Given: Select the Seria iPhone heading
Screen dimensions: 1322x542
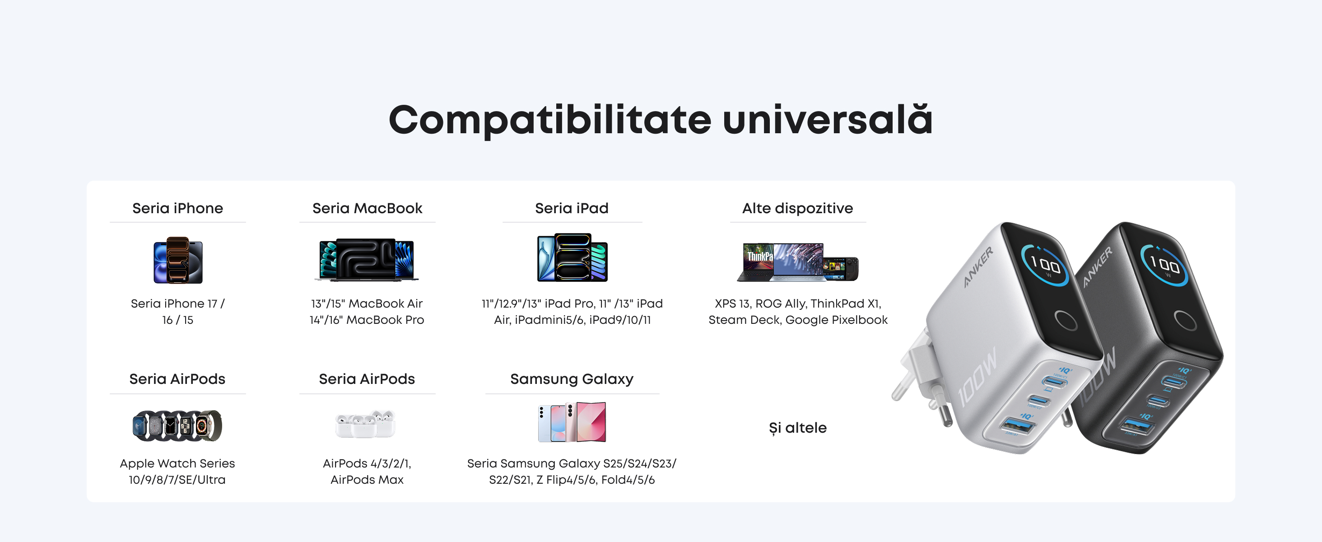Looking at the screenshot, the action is click(177, 208).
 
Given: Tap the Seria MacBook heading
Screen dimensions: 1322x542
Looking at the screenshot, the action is click(367, 208).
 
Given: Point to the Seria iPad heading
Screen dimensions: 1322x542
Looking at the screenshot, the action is click(572, 208).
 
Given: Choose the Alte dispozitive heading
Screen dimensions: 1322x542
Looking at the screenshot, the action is click(797, 208).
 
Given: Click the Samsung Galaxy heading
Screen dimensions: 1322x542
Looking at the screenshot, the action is click(572, 379).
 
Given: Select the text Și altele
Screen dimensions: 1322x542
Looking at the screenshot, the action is click(797, 428).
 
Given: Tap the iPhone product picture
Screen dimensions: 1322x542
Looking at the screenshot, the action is click(178, 260).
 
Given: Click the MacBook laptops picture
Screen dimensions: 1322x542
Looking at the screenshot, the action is click(367, 260).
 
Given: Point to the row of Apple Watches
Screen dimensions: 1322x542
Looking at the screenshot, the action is click(177, 425).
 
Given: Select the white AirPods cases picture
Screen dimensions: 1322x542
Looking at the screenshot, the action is click(365, 424).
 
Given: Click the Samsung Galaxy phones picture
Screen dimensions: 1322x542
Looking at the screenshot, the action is click(572, 422).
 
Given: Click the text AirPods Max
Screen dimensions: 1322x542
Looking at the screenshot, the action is click(367, 479).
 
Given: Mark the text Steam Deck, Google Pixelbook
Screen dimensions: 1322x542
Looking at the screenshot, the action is click(798, 320).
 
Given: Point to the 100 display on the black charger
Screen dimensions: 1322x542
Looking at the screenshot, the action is click(1164, 265).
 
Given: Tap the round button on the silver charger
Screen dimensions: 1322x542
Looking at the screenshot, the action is click(1066, 320).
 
